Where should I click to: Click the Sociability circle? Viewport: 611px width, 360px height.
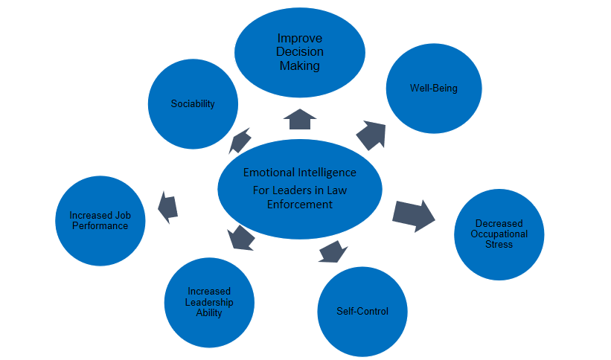tap(193, 103)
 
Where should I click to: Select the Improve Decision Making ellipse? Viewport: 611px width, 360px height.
tap(299, 52)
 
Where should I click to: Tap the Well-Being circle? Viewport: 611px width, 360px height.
tap(433, 89)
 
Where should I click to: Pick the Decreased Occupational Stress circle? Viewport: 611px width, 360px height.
tap(499, 234)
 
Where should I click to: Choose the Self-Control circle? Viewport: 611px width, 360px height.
tap(362, 310)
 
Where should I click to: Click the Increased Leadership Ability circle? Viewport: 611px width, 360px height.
tap(209, 301)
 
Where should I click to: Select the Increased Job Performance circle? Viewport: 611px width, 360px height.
tap(100, 221)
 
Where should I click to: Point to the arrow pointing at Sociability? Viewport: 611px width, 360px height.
tap(240, 139)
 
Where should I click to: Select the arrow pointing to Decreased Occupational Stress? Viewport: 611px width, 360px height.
tap(414, 215)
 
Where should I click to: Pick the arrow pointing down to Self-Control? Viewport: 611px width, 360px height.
tap(332, 251)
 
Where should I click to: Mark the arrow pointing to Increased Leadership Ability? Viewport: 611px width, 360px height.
tap(241, 237)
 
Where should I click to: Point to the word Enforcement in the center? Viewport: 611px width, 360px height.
tap(299, 204)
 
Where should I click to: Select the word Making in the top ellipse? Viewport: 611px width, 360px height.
tap(299, 65)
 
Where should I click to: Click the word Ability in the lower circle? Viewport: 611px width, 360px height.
tap(209, 312)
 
